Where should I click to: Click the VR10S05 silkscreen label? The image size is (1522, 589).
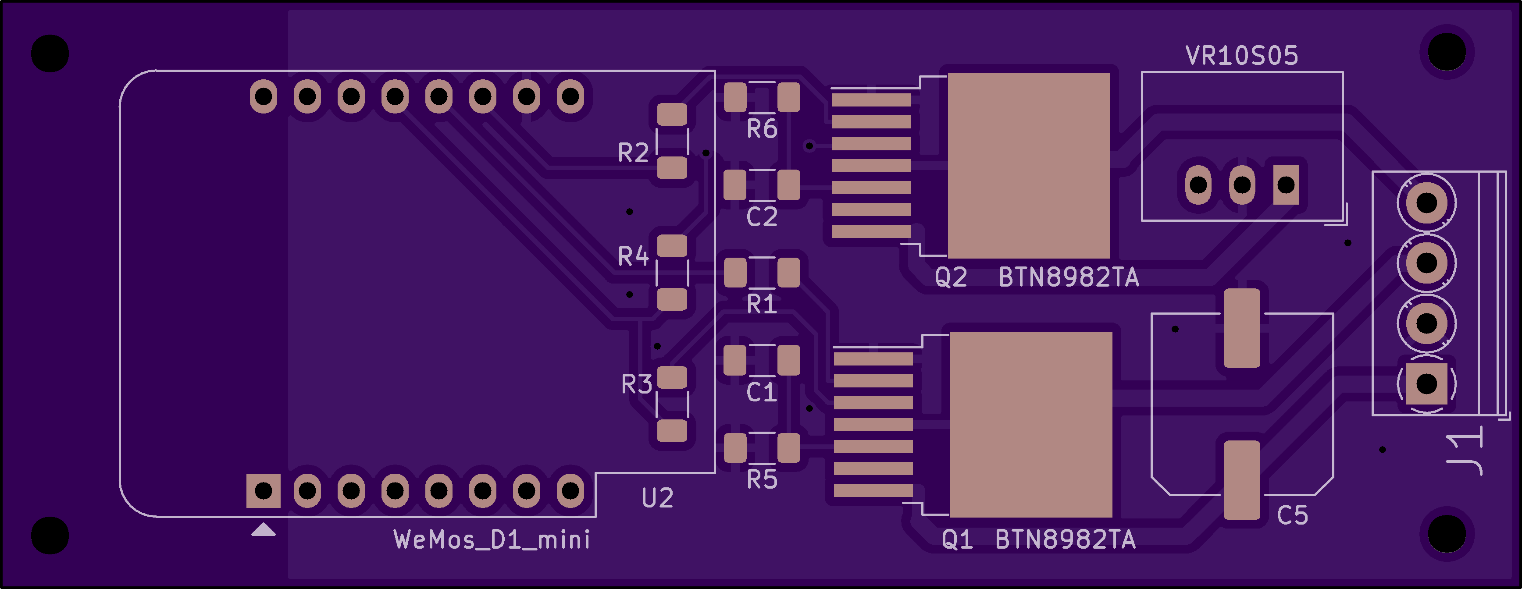click(x=1241, y=56)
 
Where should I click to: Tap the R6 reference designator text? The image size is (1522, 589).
click(x=762, y=129)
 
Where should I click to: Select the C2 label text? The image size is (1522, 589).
click(x=762, y=217)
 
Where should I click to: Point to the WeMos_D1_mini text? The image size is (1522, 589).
click(x=492, y=540)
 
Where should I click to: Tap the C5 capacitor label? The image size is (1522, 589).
click(x=1292, y=515)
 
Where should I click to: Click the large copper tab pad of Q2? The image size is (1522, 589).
click(x=1029, y=165)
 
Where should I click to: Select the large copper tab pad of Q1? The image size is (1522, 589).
click(x=1030, y=424)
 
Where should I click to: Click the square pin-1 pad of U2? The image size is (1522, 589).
click(x=264, y=490)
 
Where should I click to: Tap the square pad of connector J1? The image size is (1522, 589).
click(x=1426, y=383)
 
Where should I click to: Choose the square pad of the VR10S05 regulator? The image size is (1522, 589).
click(x=1286, y=185)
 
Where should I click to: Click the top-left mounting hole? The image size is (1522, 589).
click(x=50, y=53)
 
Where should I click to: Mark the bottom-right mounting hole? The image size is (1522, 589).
click(x=1447, y=534)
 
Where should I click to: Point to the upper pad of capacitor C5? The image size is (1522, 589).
click(x=1242, y=328)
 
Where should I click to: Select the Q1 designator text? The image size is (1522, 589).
click(x=957, y=539)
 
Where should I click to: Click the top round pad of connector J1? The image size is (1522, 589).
click(x=1426, y=202)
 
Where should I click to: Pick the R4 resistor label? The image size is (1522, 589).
click(x=633, y=256)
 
